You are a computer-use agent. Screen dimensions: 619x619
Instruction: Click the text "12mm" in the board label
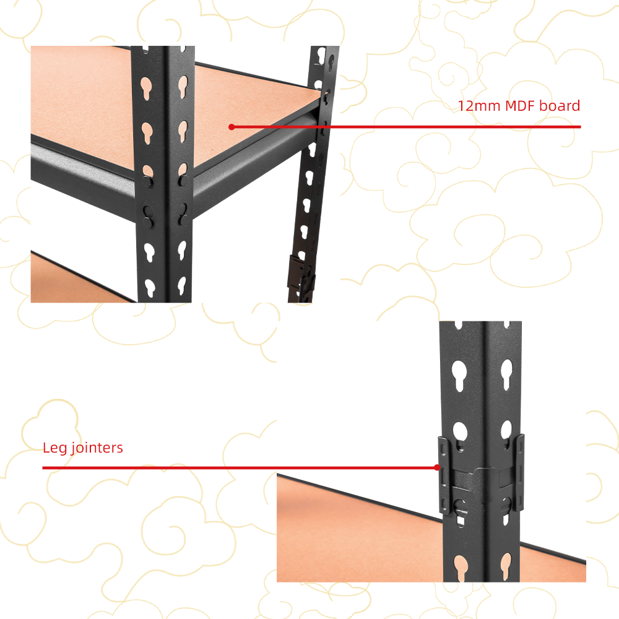coord(479,106)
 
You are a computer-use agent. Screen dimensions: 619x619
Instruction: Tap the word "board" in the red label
coord(560,105)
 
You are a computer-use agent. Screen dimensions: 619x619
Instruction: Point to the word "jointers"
coord(97,448)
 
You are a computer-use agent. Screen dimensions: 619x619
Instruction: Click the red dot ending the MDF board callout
coord(232,127)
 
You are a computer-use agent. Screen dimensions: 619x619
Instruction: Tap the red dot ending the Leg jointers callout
coord(436,467)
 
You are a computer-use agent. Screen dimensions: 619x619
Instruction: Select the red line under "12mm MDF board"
coord(406,127)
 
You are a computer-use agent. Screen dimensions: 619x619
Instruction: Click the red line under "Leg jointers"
coord(240,468)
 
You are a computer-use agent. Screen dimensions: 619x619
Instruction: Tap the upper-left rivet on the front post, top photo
coord(147,181)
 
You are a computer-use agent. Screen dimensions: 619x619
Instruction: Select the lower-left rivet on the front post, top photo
coord(148,222)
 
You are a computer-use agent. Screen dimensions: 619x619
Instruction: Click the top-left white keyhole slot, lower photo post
coord(459,375)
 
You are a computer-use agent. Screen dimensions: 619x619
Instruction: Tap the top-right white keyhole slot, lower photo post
coord(506,374)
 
